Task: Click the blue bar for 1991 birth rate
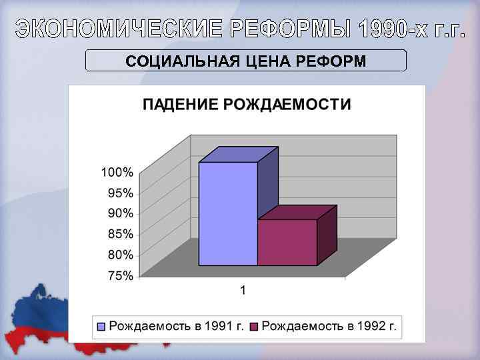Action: click(228, 213)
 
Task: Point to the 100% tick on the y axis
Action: click(117, 172)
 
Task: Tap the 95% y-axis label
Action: click(119, 193)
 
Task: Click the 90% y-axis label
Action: click(119, 213)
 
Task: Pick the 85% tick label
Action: click(119, 234)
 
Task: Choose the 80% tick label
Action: click(119, 255)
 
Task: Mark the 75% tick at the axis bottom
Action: click(119, 275)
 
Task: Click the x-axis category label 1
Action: click(243, 290)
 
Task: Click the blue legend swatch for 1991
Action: click(101, 327)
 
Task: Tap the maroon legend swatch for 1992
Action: click(253, 327)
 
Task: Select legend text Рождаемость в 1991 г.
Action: click(176, 326)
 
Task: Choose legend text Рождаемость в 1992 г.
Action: click(329, 326)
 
